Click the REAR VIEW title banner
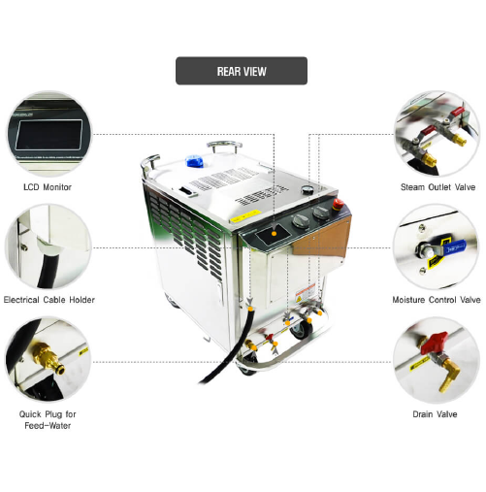[x=242, y=71]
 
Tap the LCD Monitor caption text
[x=48, y=186]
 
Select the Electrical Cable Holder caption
[x=49, y=300]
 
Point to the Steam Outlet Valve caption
[x=437, y=186]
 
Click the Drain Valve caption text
[x=437, y=413]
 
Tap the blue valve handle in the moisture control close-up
[x=447, y=248]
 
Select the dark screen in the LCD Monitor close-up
[x=49, y=133]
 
